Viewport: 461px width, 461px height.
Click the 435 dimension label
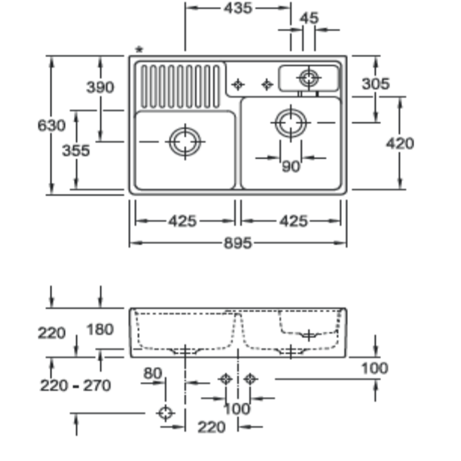(238, 8)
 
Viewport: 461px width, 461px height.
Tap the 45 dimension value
(309, 18)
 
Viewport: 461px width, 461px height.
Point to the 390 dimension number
(99, 87)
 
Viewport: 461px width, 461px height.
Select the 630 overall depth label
(52, 125)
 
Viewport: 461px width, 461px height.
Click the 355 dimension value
(75, 151)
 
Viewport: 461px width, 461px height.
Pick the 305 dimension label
(376, 84)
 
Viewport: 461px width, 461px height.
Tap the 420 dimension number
(399, 143)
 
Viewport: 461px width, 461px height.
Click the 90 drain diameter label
(291, 167)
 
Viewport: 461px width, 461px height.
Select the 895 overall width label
(238, 243)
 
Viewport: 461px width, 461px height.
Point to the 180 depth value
(100, 329)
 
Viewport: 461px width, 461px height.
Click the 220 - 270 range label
(75, 386)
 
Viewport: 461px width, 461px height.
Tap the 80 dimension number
(153, 372)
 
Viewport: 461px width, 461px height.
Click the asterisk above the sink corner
(138, 50)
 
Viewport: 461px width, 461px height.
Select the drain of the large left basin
(185, 142)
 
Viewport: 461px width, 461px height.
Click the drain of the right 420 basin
(291, 122)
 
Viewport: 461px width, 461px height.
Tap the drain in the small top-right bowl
(308, 77)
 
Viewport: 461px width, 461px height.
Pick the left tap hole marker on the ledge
(238, 84)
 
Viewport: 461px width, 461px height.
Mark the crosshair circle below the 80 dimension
(165, 413)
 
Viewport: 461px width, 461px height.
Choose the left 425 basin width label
(182, 221)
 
